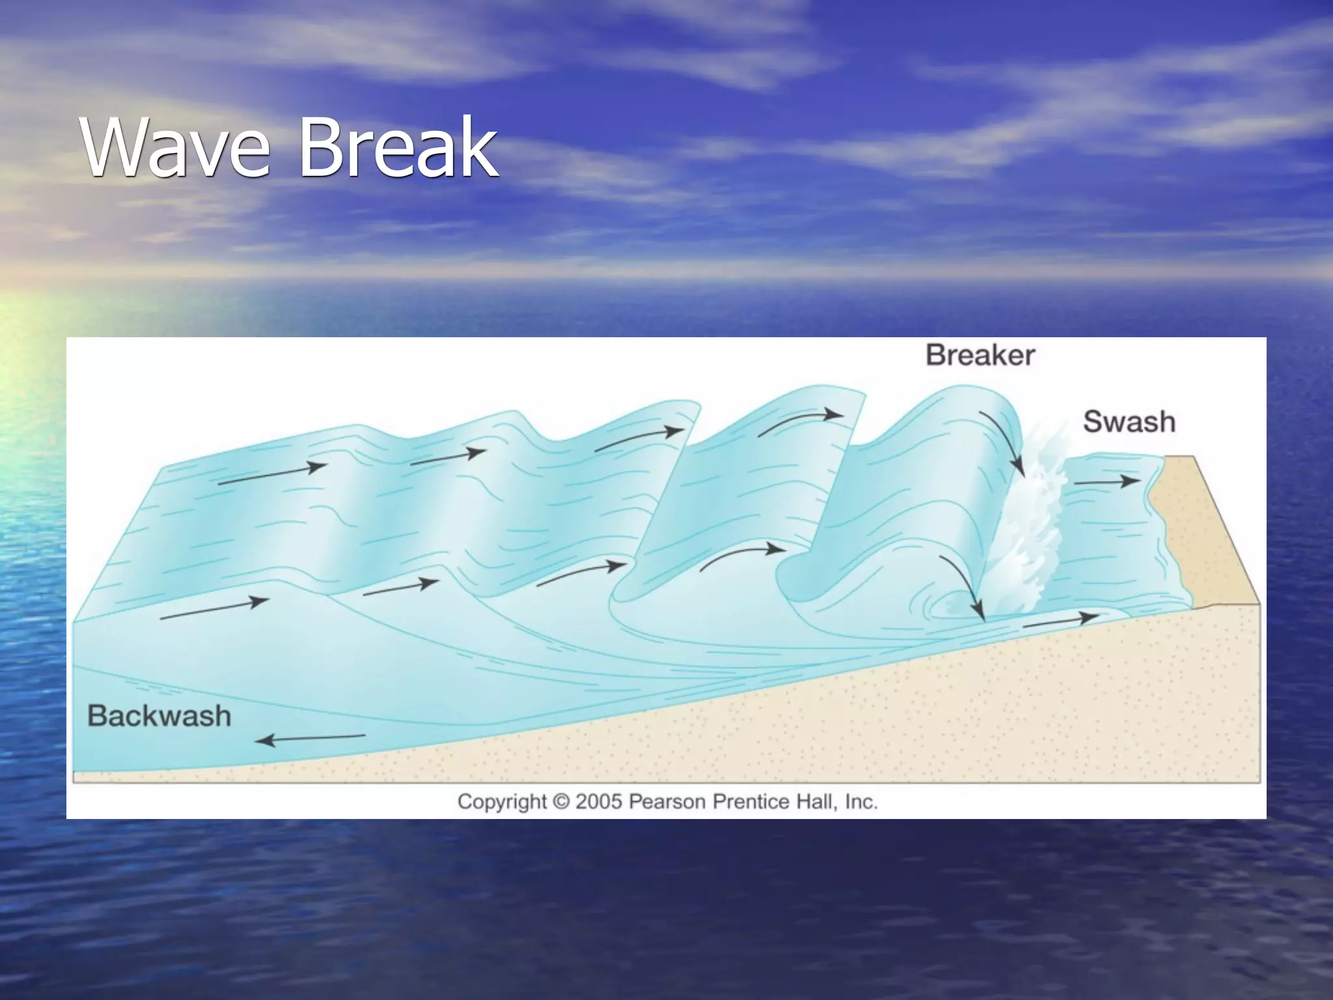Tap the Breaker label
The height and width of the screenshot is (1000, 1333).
980,355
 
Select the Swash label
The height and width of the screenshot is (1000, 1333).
1129,422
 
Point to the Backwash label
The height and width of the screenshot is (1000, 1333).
159,715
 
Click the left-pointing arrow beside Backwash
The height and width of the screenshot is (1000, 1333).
310,738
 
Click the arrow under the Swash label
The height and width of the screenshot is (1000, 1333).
1106,482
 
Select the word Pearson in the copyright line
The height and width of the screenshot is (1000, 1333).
667,801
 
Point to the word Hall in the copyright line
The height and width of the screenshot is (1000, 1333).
818,801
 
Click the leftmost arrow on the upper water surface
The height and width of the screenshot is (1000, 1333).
272,475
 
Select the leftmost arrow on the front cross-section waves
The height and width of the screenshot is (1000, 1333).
214,609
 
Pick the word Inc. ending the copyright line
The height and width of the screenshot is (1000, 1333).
860,801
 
